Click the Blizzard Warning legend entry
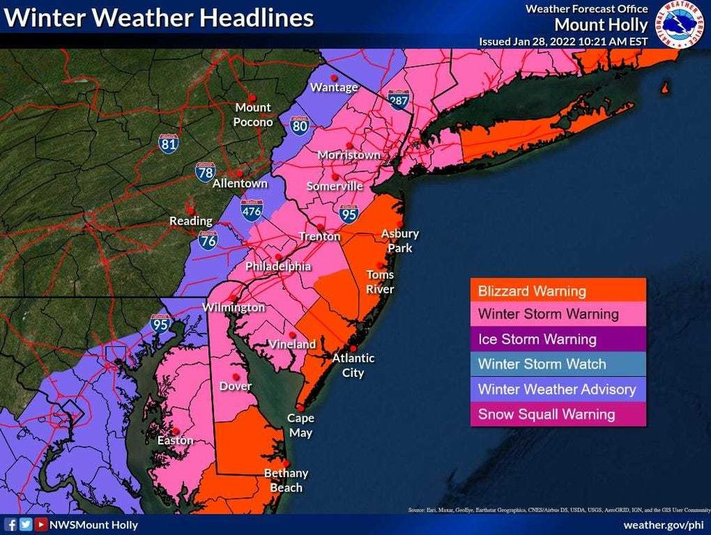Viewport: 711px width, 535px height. [557, 291]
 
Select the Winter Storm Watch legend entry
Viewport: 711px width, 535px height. [557, 364]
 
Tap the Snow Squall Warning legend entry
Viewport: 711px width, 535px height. [557, 415]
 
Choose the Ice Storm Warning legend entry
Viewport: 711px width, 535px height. [557, 339]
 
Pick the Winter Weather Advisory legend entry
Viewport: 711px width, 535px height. [557, 389]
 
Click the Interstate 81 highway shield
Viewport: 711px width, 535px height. [168, 143]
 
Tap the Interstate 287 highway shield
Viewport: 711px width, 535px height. [398, 99]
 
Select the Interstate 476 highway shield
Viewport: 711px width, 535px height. [251, 208]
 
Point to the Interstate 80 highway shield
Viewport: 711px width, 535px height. [299, 125]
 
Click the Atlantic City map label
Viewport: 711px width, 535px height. [353, 365]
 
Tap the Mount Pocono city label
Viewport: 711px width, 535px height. [252, 115]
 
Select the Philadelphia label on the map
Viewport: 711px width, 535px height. [278, 266]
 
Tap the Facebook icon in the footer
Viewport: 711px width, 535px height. [11, 524]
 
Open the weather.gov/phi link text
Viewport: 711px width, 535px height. [663, 524]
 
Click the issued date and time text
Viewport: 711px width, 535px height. [563, 41]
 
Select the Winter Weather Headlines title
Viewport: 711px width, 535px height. [159, 18]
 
